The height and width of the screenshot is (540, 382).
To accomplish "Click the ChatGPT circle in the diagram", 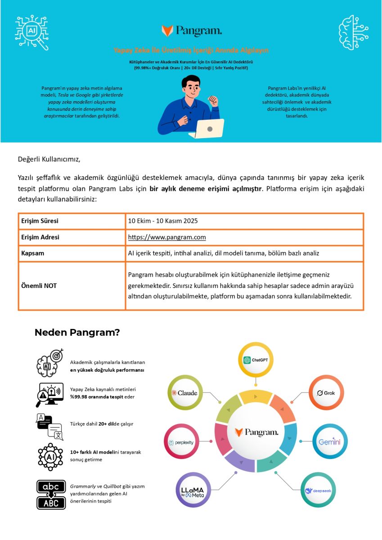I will [256, 360].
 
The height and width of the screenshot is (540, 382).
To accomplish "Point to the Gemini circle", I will [330, 442].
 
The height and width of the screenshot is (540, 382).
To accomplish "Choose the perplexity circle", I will [181, 442].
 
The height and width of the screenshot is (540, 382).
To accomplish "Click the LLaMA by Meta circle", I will [193, 490].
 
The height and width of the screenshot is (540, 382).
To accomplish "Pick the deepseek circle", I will [318, 490].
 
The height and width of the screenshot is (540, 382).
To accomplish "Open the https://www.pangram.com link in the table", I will [167, 237].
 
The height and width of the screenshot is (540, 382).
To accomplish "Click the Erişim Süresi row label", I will [40, 221].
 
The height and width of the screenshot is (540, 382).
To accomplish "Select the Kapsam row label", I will [33, 253].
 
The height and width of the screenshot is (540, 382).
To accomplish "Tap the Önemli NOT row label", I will [39, 286].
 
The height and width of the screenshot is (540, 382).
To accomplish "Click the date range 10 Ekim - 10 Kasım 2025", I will [163, 221].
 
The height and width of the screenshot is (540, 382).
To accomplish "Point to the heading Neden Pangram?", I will [77, 333].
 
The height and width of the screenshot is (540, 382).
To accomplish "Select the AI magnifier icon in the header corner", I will [32, 32].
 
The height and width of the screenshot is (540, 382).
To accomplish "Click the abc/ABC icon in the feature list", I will [51, 495].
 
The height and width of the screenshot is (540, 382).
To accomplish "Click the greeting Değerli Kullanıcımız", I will [49, 159].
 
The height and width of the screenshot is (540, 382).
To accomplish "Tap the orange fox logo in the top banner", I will [167, 31].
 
